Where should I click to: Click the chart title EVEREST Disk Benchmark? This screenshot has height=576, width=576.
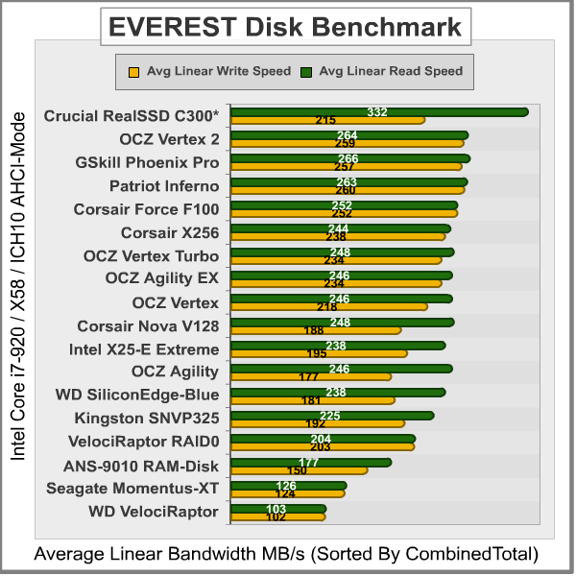pos(287,26)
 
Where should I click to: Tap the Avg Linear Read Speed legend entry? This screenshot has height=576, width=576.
pos(382,71)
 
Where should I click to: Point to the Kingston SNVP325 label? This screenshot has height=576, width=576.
pos(147,418)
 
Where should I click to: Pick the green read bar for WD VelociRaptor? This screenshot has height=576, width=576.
pos(288,508)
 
